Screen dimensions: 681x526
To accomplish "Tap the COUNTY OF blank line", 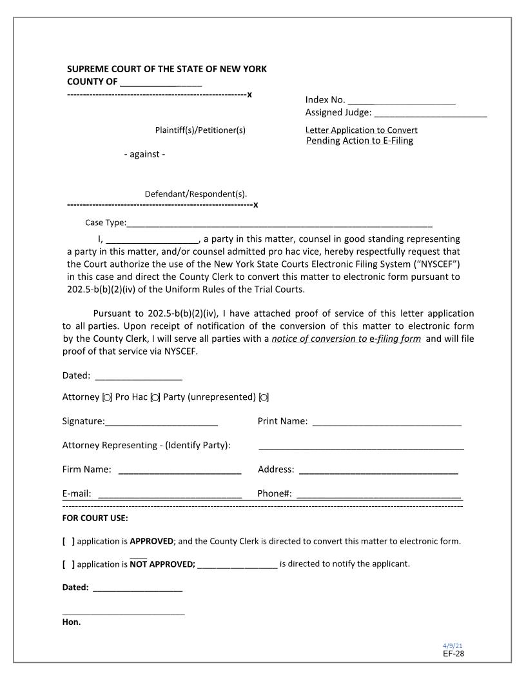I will click(161, 83).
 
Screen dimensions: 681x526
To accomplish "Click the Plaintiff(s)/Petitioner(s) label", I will click(200, 130).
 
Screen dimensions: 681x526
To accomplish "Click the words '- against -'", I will click(144, 154).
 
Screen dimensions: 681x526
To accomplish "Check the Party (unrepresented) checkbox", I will click(264, 397).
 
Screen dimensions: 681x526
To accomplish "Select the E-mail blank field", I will click(169, 495).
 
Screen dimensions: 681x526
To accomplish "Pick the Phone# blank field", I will click(378, 495).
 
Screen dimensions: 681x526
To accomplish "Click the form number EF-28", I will click(453, 653).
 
